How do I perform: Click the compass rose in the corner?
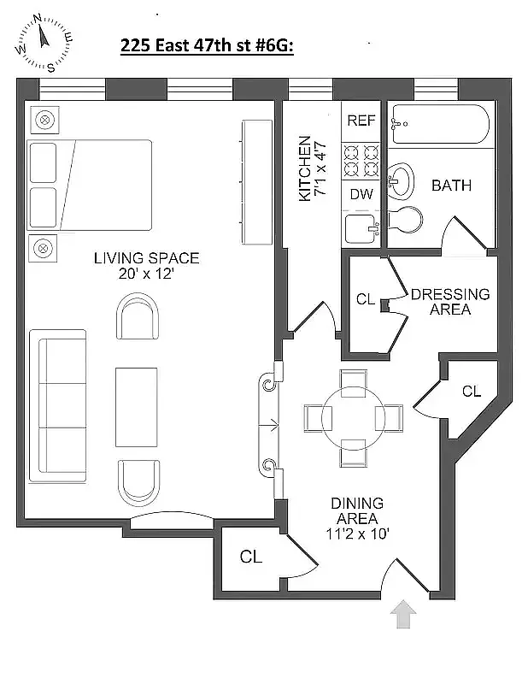(42, 43)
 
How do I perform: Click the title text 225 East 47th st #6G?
(207, 48)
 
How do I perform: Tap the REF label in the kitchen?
(361, 121)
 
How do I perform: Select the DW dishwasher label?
(361, 194)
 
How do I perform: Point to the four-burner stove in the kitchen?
(361, 159)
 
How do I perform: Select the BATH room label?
(451, 185)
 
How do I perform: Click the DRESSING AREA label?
(450, 301)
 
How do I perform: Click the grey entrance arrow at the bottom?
(404, 615)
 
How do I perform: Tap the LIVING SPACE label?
(146, 258)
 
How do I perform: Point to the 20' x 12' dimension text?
(146, 274)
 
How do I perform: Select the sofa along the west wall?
(57, 404)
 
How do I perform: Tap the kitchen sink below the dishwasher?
(361, 228)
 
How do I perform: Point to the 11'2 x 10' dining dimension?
(357, 533)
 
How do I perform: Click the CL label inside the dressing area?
(366, 299)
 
